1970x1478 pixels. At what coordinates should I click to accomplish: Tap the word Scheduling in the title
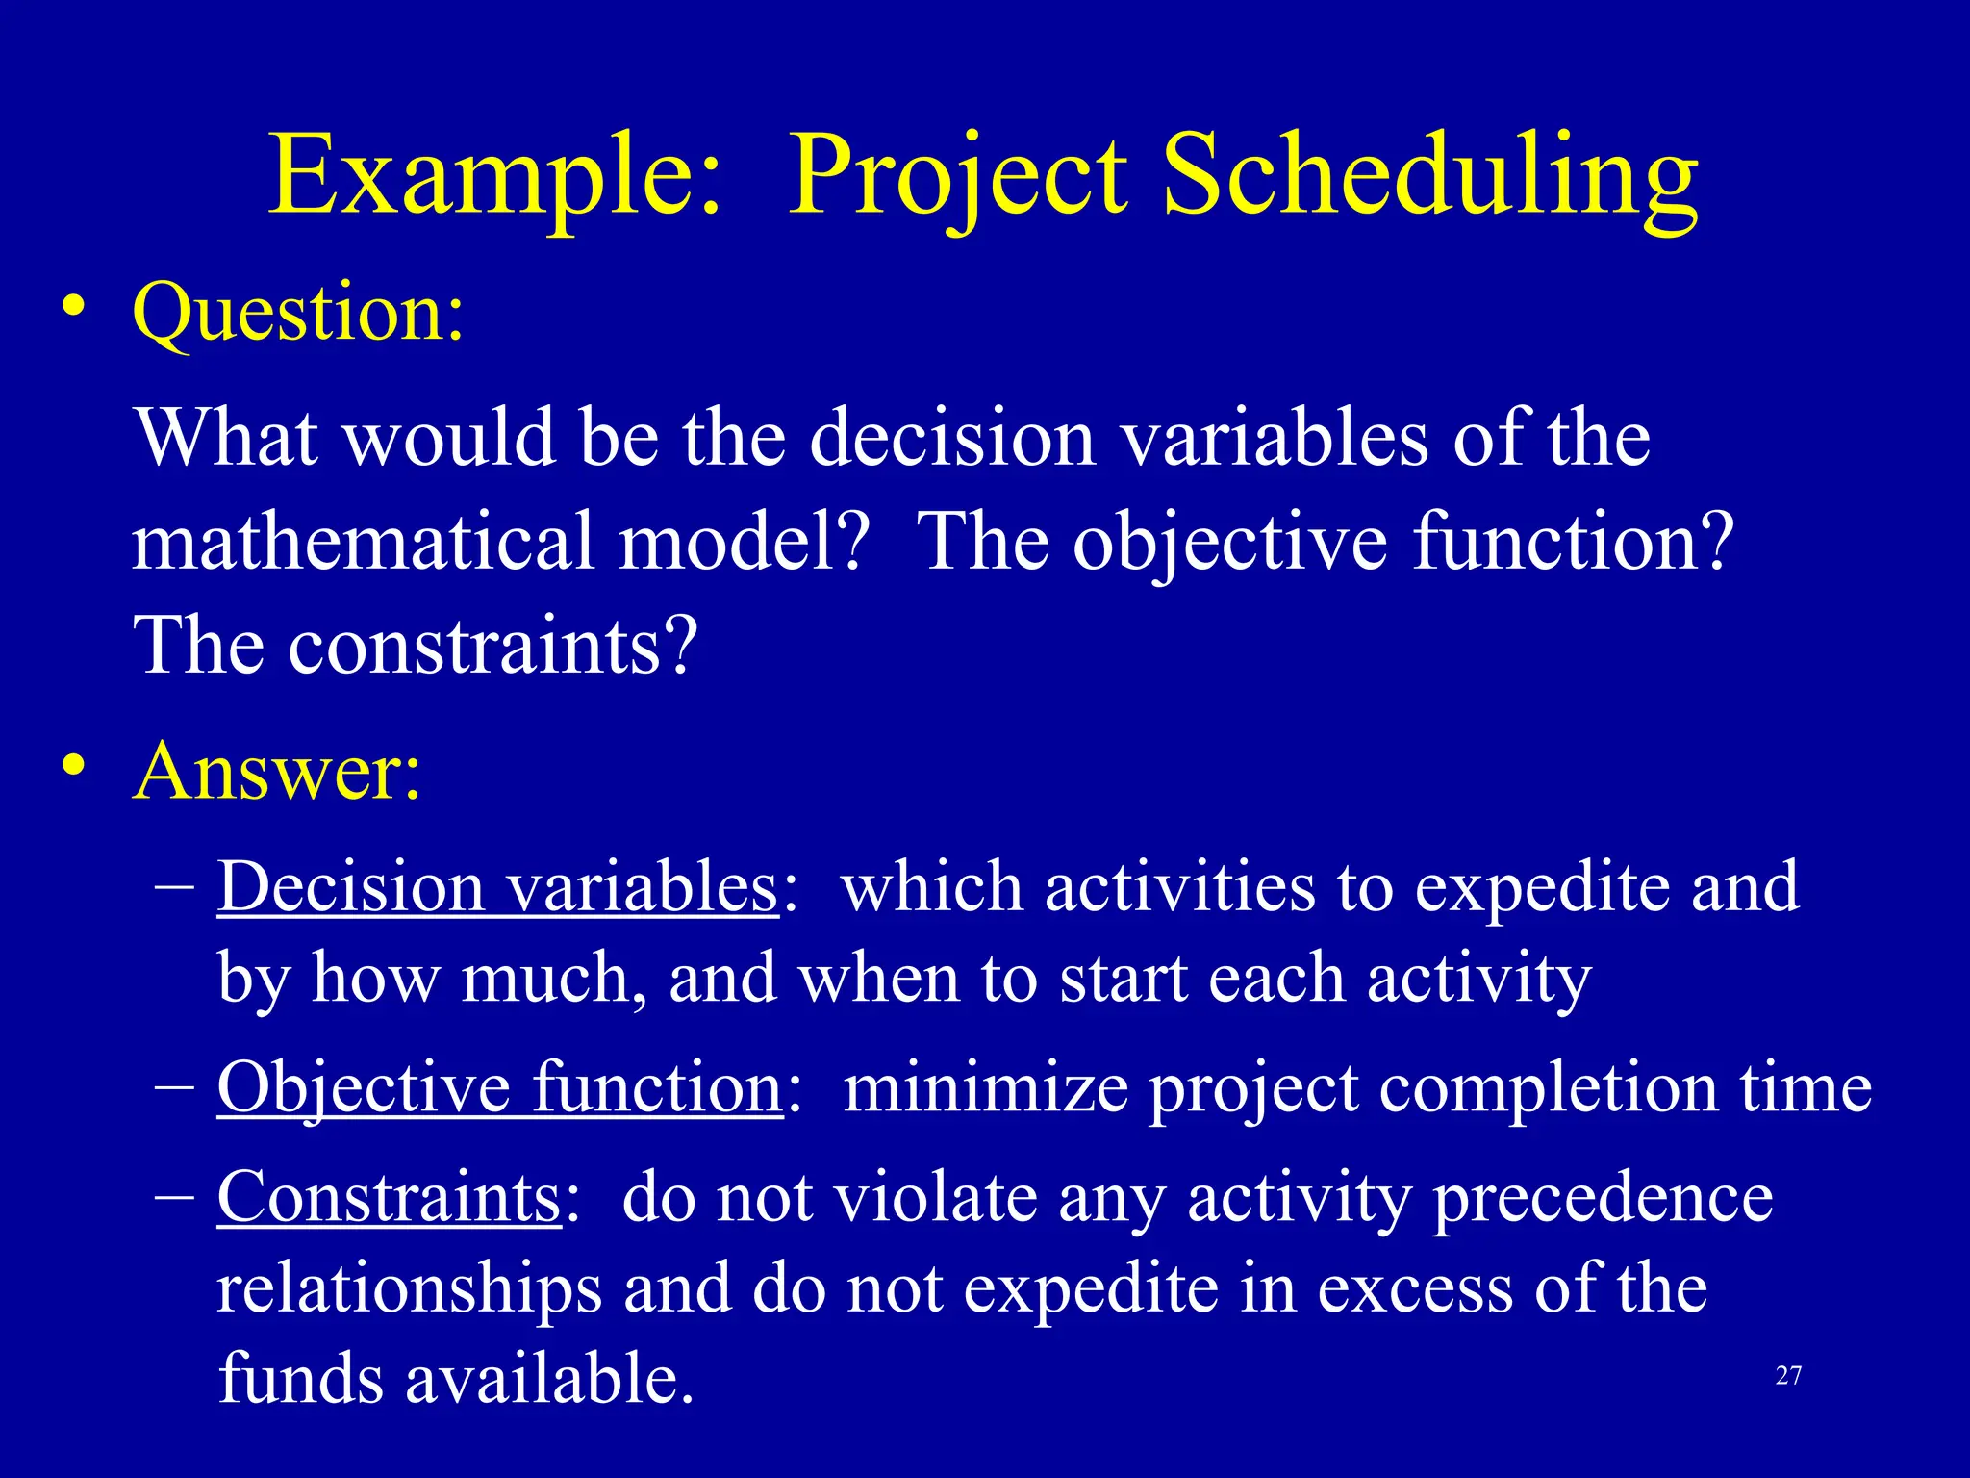1430,178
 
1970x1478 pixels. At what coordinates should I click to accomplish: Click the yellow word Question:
298,314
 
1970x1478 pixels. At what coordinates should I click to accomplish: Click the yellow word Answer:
277,772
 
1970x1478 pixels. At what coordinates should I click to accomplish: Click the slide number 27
1788,1376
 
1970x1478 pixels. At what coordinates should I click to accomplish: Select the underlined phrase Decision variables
497,887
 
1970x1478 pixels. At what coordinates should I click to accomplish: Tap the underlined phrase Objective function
500,1089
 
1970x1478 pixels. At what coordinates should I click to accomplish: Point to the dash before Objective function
175,1087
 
